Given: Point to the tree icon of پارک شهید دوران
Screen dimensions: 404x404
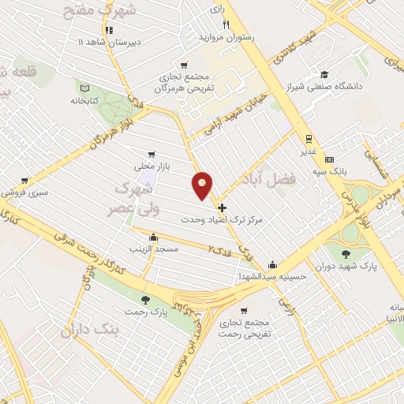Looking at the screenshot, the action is tap(346, 253).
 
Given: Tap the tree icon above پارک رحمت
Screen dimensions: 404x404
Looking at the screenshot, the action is tap(144, 299).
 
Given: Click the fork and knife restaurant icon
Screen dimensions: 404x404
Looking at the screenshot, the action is tap(225, 24).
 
